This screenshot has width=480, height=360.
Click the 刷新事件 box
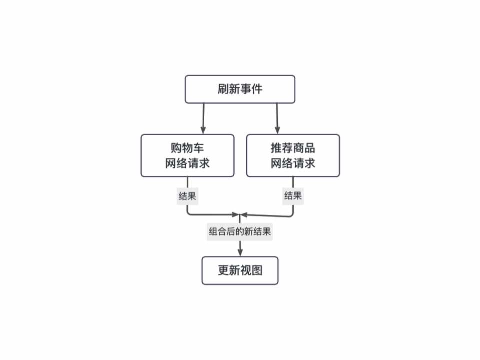click(240, 89)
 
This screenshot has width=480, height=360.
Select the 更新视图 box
click(240, 270)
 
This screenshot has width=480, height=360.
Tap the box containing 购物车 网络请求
click(187, 155)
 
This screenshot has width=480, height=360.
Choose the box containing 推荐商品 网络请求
click(293, 155)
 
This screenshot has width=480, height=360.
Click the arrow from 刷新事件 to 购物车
click(204, 117)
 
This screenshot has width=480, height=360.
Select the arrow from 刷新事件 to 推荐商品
click(277, 117)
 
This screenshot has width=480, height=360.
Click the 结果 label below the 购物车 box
click(187, 195)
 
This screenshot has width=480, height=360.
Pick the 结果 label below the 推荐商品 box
click(293, 195)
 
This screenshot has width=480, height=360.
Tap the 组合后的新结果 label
click(240, 232)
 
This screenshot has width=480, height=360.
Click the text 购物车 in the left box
click(187, 148)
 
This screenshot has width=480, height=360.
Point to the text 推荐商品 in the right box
click(293, 148)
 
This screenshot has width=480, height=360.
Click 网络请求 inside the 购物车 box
click(187, 163)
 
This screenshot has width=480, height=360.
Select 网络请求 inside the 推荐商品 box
click(293, 163)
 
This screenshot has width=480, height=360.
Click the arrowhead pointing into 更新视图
click(240, 252)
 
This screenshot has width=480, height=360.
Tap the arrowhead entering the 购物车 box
click(204, 130)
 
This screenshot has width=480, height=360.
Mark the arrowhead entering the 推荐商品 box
click(277, 130)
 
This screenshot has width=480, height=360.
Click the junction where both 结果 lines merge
click(240, 215)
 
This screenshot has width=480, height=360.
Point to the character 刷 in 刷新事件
click(223, 89)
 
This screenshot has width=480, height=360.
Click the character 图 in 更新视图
click(257, 270)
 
